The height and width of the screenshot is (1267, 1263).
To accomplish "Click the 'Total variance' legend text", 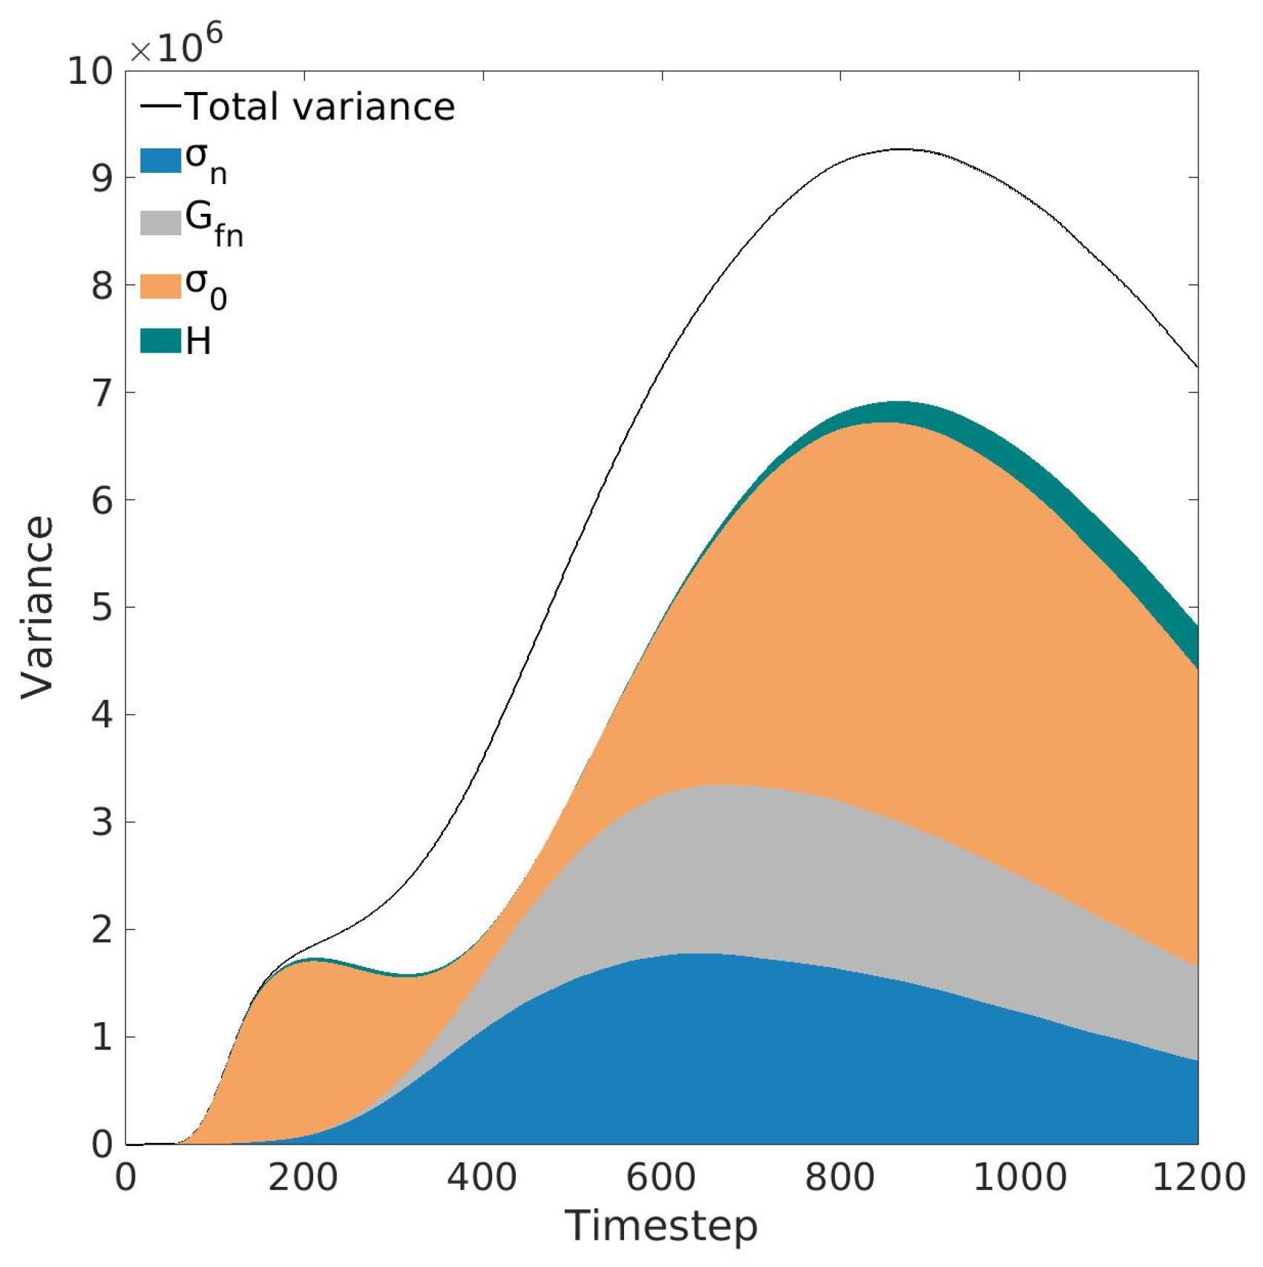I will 319,107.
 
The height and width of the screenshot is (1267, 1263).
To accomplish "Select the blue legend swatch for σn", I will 161,160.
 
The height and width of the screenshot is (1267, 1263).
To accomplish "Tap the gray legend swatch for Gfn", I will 161,222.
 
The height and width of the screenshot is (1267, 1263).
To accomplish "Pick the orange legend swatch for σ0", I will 161,286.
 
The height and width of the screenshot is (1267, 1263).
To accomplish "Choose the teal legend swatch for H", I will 161,341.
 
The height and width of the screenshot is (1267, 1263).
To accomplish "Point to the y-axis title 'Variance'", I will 37,607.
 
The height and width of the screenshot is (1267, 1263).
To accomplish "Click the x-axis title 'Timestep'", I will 661,1226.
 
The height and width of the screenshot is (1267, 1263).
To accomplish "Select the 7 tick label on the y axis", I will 102,393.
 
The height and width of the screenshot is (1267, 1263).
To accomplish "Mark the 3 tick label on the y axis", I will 102,822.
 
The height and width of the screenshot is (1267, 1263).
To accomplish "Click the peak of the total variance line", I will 900,149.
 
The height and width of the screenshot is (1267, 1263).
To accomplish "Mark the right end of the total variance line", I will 1197,366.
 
